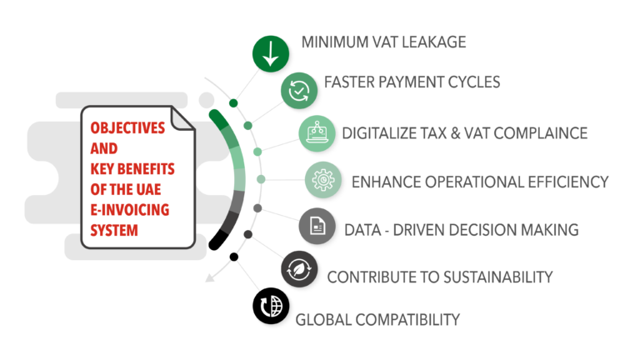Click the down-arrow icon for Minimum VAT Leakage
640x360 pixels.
coord(270,52)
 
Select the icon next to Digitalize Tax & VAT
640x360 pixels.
coord(318,133)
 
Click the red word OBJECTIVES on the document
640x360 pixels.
coord(127,132)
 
